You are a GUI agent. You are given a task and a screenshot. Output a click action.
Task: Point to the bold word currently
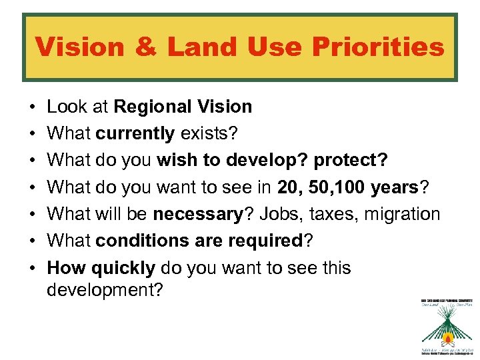click(135, 133)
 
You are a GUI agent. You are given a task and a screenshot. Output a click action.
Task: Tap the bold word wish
click(173, 161)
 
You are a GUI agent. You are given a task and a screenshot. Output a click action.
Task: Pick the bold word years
click(391, 187)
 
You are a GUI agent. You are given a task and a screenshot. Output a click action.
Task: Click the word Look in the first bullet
click(65, 107)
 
